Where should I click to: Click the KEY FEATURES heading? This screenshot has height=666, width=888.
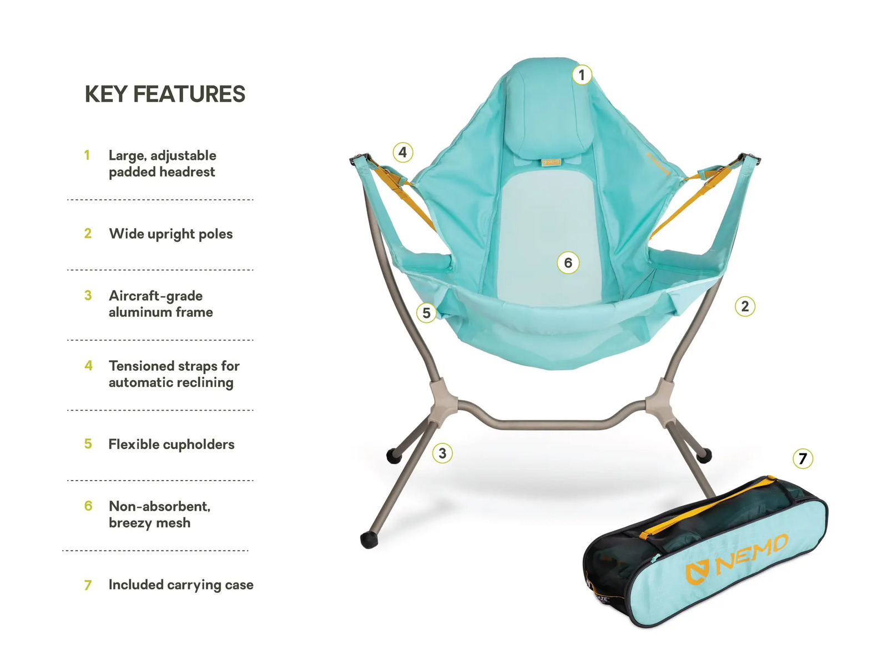pos(165,94)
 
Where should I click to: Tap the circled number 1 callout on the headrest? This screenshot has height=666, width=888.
pos(581,75)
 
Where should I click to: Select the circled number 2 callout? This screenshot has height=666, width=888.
pos(745,306)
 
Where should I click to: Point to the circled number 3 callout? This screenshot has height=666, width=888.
pos(442,453)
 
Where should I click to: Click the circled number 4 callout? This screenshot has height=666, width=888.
pos(402,153)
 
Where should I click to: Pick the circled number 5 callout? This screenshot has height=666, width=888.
pos(426,312)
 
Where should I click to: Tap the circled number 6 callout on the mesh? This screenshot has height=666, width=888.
pos(568,263)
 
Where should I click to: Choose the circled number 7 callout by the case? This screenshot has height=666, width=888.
pos(803,458)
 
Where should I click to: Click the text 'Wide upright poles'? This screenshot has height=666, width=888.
pos(171,234)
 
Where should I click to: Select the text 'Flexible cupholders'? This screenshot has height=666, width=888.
pos(171,445)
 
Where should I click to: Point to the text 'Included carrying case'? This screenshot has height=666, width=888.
pos(181,585)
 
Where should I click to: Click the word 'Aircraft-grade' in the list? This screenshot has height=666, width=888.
pos(155,296)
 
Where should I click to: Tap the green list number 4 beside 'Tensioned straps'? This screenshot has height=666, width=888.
pos(88,366)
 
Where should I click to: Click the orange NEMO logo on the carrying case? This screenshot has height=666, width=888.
pos(736,556)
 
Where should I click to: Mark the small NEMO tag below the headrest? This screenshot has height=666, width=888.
pos(551,162)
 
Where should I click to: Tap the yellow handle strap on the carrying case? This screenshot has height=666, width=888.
pos(707,506)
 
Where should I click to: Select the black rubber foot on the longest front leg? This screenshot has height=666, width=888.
pos(369,540)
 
